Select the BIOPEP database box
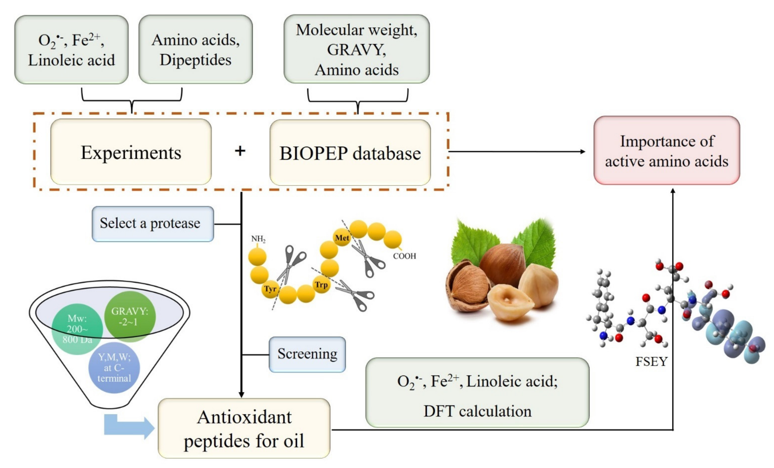350,153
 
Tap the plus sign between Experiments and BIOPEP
240,151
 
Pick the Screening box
307,354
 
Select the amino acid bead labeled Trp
321,284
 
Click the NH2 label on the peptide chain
258,239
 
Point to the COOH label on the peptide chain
404,256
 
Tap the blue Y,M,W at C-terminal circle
114,367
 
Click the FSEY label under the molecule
651,362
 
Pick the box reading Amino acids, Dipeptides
195,49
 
